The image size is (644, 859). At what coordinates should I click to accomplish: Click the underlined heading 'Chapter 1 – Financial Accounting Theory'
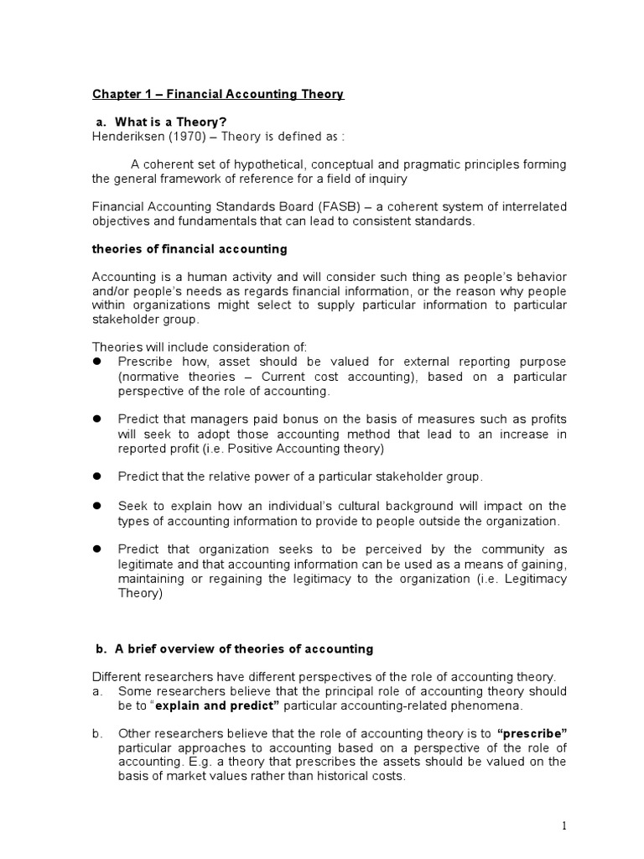[218, 94]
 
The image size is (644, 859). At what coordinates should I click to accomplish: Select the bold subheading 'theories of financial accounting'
[189, 249]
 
